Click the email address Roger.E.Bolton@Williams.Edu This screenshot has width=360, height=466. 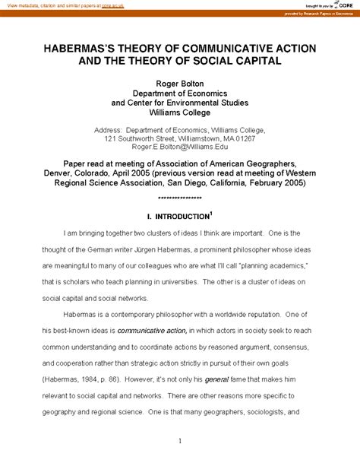coord(179,149)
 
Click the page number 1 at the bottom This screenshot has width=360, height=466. coord(179,440)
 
